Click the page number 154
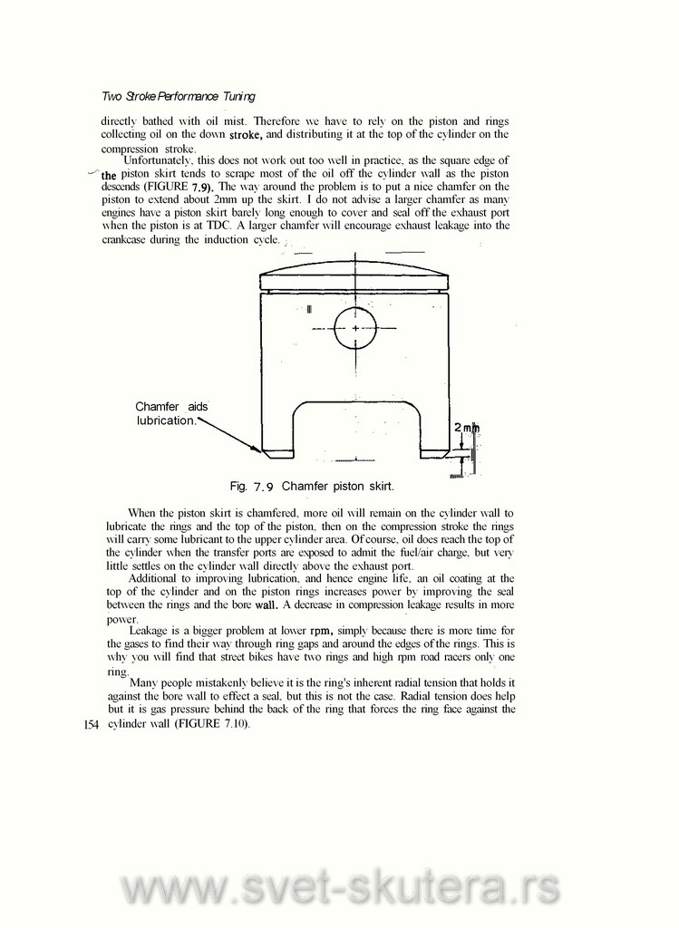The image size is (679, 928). tap(89, 726)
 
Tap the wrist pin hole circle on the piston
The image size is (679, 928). tap(355, 327)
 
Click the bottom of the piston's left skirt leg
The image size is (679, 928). tap(275, 452)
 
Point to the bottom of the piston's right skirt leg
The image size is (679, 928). tap(435, 452)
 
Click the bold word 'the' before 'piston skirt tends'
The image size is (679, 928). tap(110, 174)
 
